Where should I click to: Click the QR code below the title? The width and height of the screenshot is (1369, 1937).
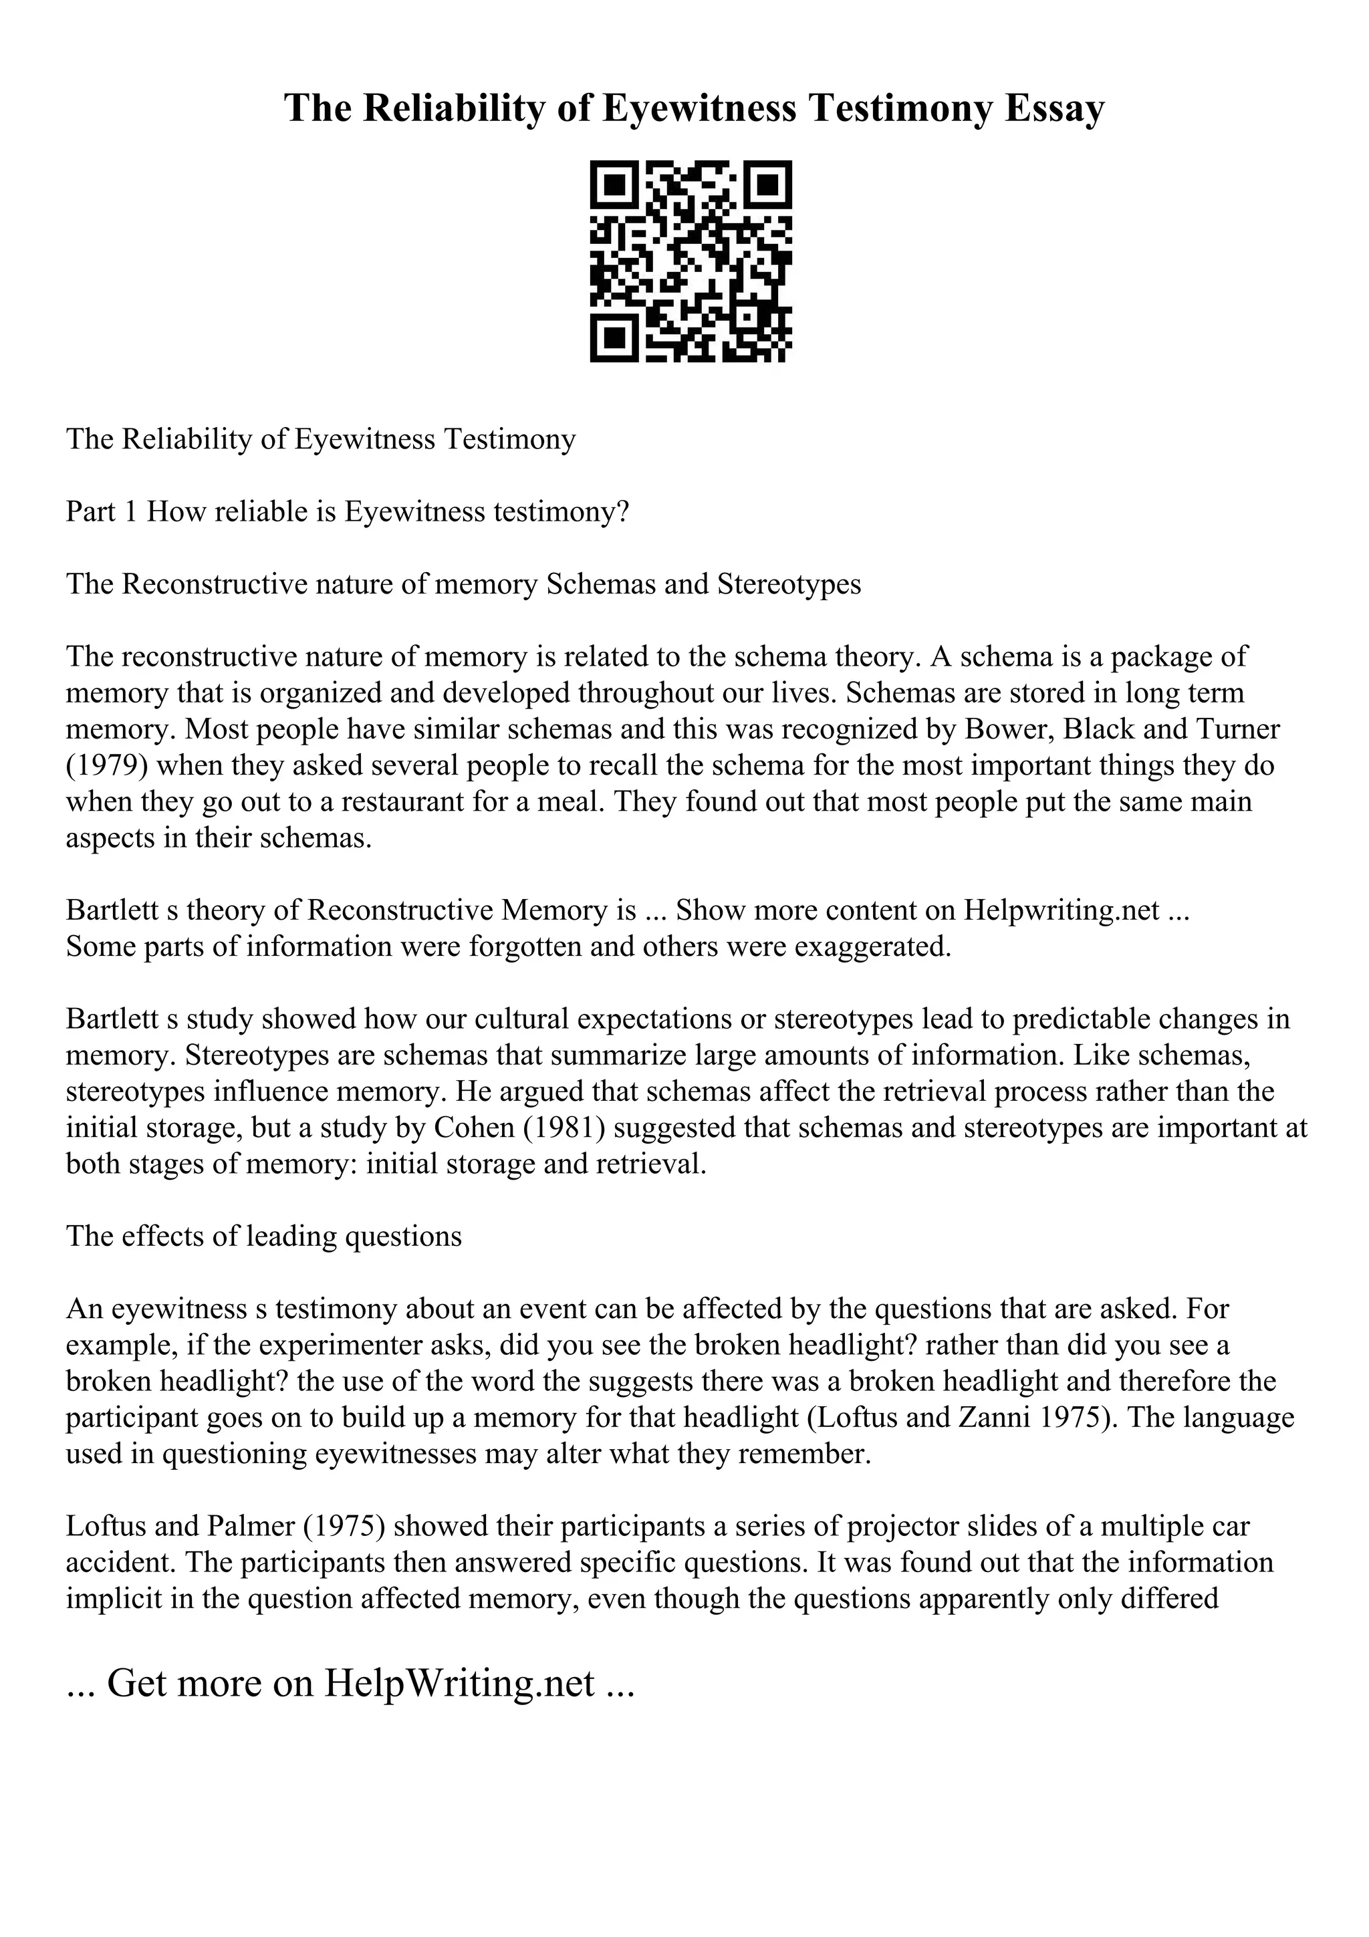point(690,261)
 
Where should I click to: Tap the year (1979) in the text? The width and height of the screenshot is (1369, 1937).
point(107,766)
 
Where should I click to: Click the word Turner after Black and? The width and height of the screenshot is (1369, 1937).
point(1233,729)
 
